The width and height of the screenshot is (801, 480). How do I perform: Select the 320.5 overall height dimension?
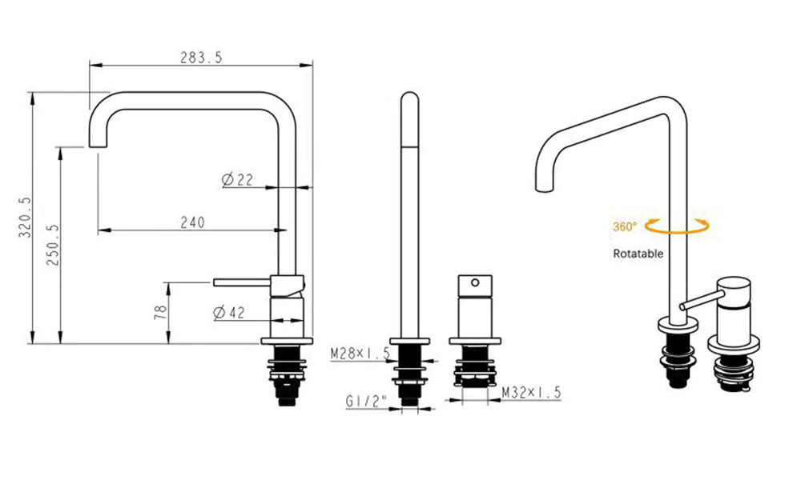[23, 218]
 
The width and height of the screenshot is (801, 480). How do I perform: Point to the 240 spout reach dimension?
[191, 222]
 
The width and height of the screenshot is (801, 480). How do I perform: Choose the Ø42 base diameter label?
[229, 313]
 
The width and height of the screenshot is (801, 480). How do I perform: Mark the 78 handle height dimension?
[160, 312]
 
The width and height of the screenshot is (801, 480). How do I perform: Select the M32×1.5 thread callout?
[531, 392]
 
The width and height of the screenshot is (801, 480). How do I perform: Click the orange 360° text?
[625, 227]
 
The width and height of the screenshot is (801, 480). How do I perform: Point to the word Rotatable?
[638, 254]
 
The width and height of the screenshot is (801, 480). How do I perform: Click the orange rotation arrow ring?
[678, 227]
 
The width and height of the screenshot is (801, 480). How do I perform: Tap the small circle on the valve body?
[474, 282]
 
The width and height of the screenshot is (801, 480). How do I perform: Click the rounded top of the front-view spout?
[409, 98]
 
